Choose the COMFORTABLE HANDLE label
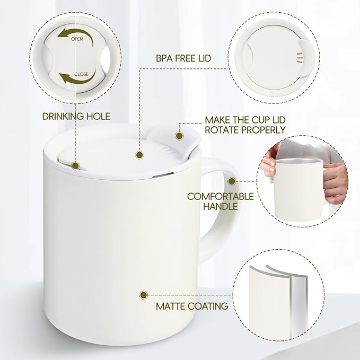click(x=219, y=201)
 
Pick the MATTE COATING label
click(x=192, y=306)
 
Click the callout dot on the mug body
click(x=143, y=294)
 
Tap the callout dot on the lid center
click(x=139, y=155)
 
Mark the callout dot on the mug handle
click(x=231, y=181)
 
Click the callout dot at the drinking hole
click(x=75, y=166)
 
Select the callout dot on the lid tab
click(x=179, y=136)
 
